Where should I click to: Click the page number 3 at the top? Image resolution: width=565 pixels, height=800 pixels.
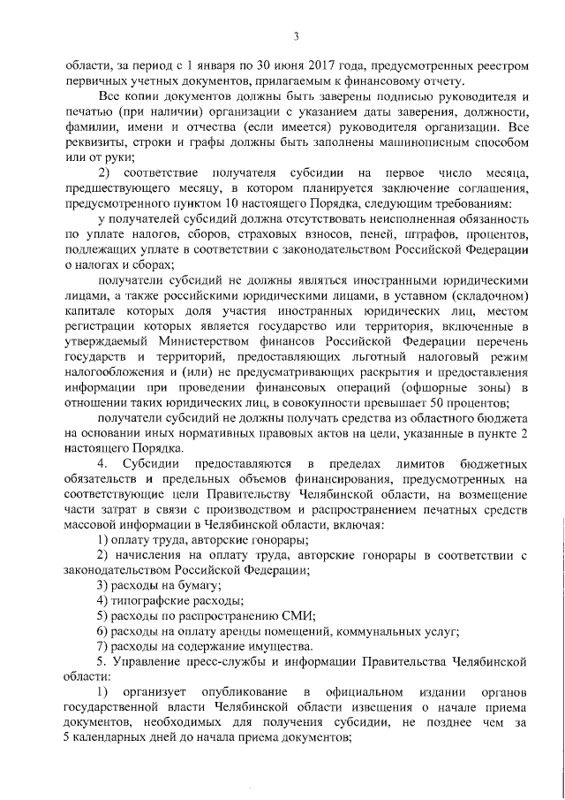click(297, 34)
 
